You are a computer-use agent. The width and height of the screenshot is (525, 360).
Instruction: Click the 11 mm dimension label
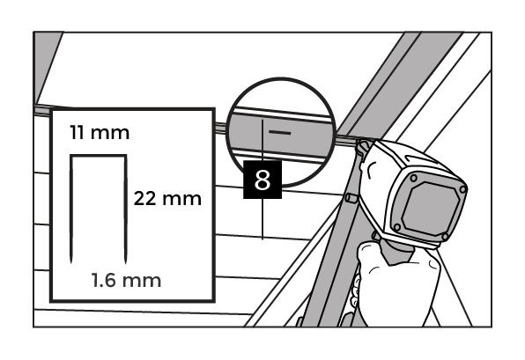(x=100, y=133)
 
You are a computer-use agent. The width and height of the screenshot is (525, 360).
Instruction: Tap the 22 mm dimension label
(x=167, y=198)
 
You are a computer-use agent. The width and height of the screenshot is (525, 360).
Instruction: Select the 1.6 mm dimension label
(x=126, y=281)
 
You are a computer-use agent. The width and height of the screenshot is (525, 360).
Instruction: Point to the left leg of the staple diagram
(x=71, y=209)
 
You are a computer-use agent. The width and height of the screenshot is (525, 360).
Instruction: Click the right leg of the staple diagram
(x=126, y=209)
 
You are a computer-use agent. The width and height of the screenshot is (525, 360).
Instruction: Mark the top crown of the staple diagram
(x=99, y=156)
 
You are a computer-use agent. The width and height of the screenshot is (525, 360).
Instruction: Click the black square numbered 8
(x=262, y=180)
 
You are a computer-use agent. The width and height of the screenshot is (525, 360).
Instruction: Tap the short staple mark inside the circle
(x=279, y=133)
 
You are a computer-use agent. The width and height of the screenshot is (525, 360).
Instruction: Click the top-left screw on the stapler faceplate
(x=414, y=178)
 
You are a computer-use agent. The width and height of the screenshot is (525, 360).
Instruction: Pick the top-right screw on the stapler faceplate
(x=462, y=189)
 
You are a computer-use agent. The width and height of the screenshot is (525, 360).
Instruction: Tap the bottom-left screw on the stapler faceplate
(x=397, y=227)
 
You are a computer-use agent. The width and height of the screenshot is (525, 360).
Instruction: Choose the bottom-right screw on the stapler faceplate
(x=445, y=237)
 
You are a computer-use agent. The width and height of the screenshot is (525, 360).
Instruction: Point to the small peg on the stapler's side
(x=351, y=198)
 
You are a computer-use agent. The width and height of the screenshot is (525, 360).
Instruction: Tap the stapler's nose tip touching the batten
(x=363, y=147)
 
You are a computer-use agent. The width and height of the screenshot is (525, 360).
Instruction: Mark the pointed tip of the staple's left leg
(x=71, y=262)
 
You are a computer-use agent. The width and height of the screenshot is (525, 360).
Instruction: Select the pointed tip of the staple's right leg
(x=126, y=262)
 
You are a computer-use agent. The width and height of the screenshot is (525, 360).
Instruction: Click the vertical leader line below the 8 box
(x=262, y=219)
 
